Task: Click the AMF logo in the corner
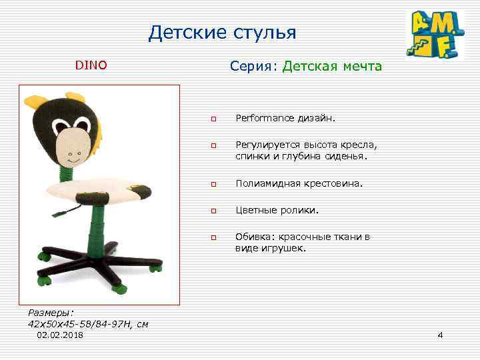(436, 35)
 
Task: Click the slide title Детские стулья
(222, 33)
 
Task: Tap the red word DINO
(91, 65)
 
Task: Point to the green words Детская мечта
(332, 66)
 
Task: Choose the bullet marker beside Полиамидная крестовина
(214, 183)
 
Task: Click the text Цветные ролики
(277, 210)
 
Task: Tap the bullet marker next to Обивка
(214, 237)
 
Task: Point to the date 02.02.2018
(61, 335)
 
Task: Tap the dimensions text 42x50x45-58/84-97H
(80, 324)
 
